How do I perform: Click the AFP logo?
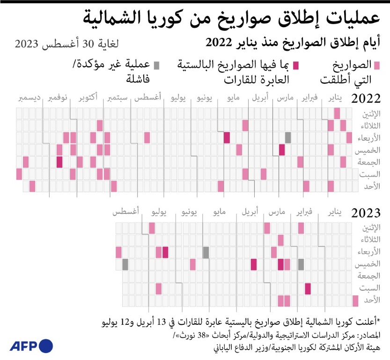31,346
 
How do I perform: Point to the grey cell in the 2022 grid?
288,137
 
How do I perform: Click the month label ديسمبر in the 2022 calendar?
29,98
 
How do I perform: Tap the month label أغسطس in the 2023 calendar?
125,212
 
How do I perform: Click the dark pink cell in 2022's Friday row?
59,162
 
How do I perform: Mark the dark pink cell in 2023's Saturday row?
308,288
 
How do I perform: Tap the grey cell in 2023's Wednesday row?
206,252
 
